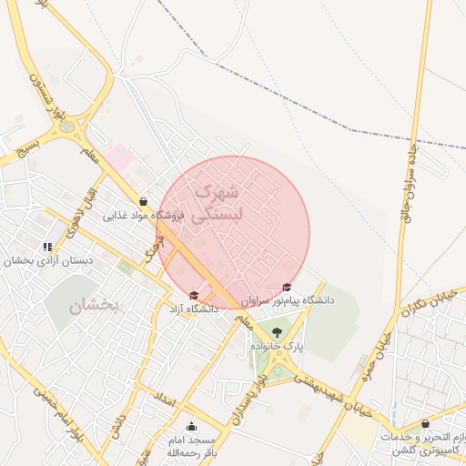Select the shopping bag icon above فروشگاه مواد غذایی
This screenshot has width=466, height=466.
143,201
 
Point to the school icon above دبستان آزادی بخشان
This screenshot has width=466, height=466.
47,246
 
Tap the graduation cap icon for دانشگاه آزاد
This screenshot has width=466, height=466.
194,294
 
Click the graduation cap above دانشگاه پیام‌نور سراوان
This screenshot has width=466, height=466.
288,287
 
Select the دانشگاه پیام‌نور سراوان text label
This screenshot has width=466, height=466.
288,299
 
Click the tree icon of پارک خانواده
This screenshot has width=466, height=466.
277,331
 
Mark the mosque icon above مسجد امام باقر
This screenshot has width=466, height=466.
191,426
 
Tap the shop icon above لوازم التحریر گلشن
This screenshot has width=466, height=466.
425,423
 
